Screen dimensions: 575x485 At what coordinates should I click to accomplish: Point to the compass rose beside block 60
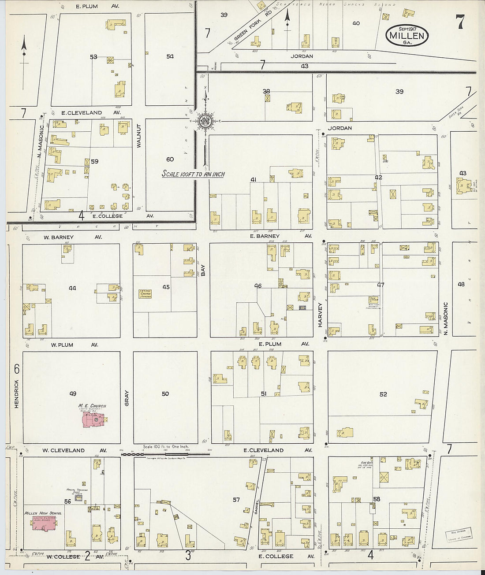(205, 120)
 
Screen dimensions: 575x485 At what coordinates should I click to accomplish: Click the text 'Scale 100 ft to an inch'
(193, 174)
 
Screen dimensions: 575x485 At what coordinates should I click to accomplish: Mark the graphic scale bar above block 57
(165, 452)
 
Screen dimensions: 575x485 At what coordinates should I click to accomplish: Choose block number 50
(165, 393)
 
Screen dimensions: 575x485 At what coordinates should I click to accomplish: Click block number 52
(383, 394)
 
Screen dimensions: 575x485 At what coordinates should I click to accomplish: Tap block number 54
(170, 56)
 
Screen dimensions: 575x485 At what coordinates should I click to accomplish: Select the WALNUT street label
(138, 135)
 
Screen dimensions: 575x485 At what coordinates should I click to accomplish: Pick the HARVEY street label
(320, 315)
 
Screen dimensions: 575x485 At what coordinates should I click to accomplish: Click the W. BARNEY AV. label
(73, 237)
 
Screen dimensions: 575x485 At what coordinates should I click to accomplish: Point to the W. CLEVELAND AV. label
(75, 450)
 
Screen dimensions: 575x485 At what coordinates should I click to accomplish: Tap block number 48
(461, 284)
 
